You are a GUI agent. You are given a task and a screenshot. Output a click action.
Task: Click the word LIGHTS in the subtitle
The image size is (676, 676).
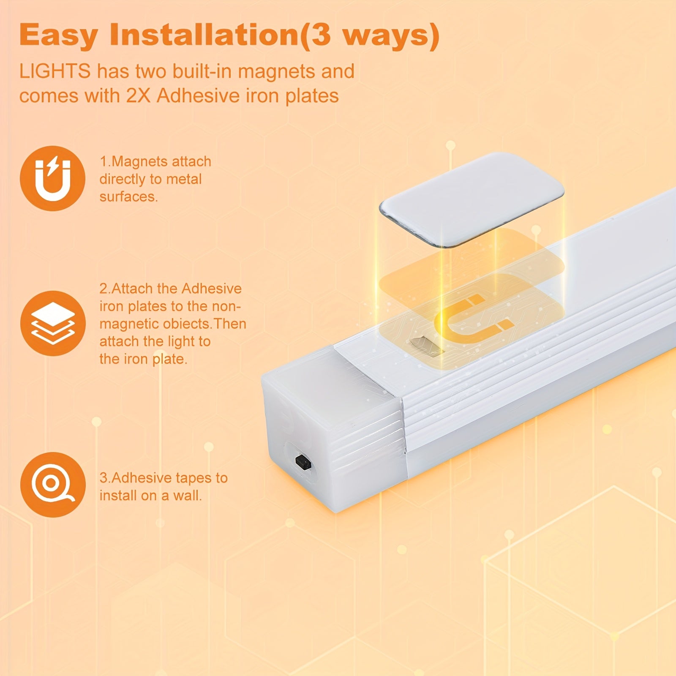coord(55,71)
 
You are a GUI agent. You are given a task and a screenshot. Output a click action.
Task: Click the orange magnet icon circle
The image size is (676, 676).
coord(52,178)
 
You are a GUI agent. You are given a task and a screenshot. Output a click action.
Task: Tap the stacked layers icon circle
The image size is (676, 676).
coord(52,323)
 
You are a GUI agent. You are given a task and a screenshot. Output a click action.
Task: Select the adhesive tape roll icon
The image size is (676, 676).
coord(52,485)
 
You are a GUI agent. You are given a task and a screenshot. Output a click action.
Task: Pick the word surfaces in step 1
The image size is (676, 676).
coord(128,197)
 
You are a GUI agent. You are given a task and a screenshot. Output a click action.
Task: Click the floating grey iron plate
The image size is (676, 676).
coord(471,199)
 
